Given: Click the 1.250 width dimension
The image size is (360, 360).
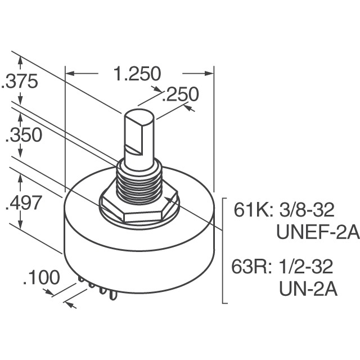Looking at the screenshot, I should (137, 74).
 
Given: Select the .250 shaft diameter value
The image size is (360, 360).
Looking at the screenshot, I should (180, 94).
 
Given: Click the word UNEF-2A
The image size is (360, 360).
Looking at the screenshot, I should (317, 232).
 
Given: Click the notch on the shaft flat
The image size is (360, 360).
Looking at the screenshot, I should (136, 148).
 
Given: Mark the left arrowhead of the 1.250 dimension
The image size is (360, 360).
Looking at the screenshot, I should (70, 73).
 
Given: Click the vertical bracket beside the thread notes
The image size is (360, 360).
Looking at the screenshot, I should (225, 250).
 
